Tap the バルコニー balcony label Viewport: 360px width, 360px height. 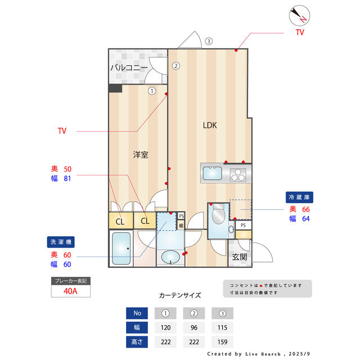tap(129, 67)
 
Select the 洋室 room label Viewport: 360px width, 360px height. tap(141, 154)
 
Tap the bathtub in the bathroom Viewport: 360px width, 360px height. tap(121, 249)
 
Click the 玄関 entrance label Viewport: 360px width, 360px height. tap(239, 257)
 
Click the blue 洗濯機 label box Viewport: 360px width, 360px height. tap(61, 242)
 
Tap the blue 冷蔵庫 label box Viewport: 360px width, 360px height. tap(300, 197)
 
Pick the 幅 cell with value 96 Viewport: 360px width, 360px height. tap(195, 327)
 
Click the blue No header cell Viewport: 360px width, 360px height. tap(137, 313)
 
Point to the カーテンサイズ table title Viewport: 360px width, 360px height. tap(179, 295)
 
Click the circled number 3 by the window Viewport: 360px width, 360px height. tap(208, 41)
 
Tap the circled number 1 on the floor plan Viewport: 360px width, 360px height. tap(152, 90)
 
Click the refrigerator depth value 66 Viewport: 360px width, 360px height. tap(306, 209)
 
